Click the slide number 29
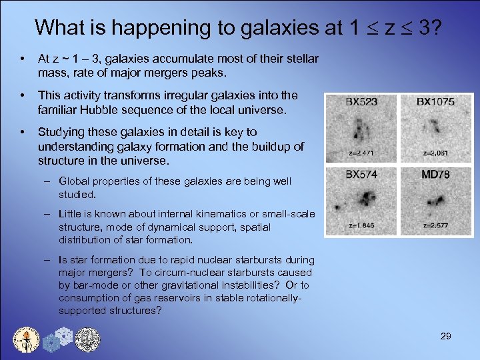pos(446,336)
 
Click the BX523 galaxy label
pos(360,103)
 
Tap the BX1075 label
pos(435,103)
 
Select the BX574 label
pos(361,175)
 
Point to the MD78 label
pos(435,175)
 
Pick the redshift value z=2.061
pos(435,153)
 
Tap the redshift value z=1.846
pos(360,225)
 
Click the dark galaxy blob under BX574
pos(365,197)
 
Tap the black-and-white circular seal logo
pos(87,338)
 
